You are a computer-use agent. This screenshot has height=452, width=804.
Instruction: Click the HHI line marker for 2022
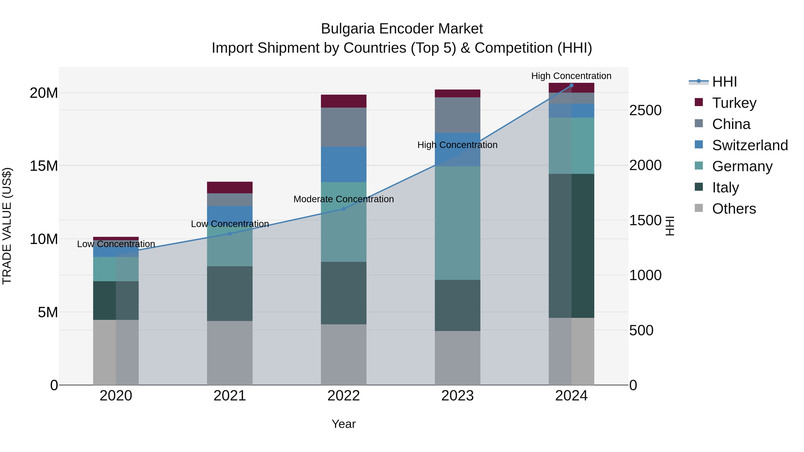pyautogui.click(x=344, y=209)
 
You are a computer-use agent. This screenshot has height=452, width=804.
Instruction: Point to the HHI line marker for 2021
pyautogui.click(x=230, y=234)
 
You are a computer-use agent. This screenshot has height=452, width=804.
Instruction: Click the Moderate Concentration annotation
pyautogui.click(x=344, y=199)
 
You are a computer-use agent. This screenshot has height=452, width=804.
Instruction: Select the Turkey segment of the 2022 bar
pyautogui.click(x=344, y=101)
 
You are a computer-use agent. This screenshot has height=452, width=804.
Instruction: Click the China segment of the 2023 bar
pyautogui.click(x=458, y=115)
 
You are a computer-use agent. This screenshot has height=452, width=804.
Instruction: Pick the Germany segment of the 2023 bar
pyautogui.click(x=458, y=223)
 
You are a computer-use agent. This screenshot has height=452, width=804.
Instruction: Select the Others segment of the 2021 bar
pyautogui.click(x=230, y=353)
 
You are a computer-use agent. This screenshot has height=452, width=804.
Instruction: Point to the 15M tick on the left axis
pyautogui.click(x=44, y=166)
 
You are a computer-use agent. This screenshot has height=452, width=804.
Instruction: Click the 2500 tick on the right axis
pyautogui.click(x=645, y=110)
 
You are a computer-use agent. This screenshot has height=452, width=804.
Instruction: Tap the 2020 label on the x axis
pyautogui.click(x=116, y=396)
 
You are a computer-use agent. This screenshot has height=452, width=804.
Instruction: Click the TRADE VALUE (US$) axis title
pyautogui.click(x=7, y=226)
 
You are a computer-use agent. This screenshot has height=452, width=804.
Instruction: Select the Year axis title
pyautogui.click(x=344, y=424)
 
